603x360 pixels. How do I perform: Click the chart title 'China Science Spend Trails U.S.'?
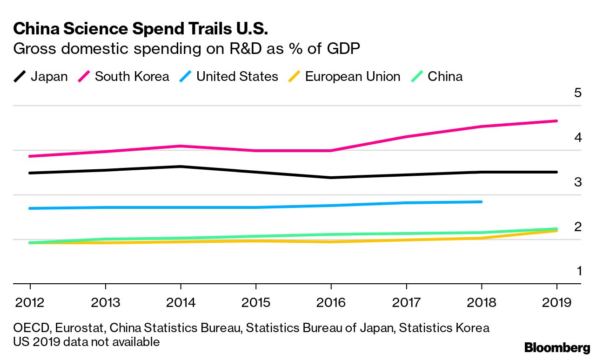(x=141, y=29)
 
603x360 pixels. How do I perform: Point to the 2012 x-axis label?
(x=30, y=303)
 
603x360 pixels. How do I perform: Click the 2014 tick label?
(x=181, y=303)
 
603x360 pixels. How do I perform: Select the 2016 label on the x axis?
(x=331, y=303)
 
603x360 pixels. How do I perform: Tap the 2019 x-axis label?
(x=556, y=303)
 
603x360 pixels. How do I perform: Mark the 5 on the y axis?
(x=578, y=93)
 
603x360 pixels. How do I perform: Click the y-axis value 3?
(x=578, y=182)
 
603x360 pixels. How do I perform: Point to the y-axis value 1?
(x=579, y=271)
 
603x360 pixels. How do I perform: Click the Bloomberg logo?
(x=557, y=347)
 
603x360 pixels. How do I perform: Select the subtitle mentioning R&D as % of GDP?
(x=187, y=49)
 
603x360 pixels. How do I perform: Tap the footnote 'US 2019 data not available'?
(x=87, y=342)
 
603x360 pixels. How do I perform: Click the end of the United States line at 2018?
(x=481, y=202)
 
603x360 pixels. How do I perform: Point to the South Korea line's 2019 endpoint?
(x=556, y=121)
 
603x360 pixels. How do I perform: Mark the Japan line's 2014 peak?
(x=181, y=167)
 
